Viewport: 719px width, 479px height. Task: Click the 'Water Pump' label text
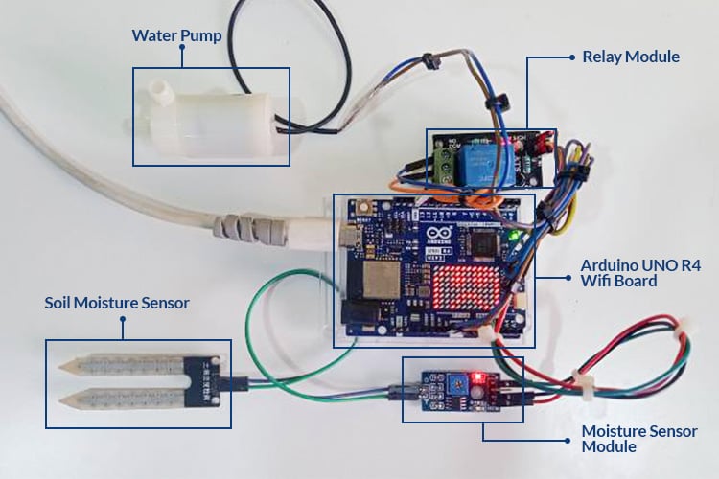pos(176,37)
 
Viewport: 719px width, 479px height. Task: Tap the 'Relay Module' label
pos(630,57)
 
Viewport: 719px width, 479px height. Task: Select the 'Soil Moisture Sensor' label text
pos(117,303)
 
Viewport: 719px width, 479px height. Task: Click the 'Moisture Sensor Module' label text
pos(639,439)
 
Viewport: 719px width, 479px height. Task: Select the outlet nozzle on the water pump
pos(160,93)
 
